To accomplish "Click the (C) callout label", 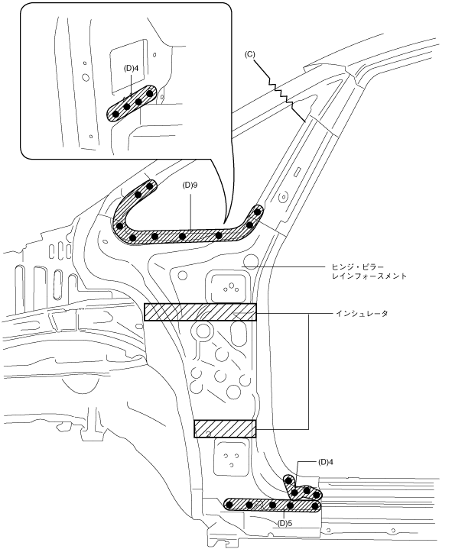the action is pyautogui.click(x=250, y=55).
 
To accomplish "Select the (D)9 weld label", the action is pyautogui.click(x=190, y=185).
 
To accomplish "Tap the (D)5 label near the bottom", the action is pyautogui.click(x=285, y=524).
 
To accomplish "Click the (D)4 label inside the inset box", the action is pyautogui.click(x=131, y=68).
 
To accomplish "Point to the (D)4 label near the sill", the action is pyautogui.click(x=326, y=462).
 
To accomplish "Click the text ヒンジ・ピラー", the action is pyautogui.click(x=357, y=266).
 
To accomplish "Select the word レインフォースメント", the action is pyautogui.click(x=369, y=276).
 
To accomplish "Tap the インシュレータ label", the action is pyautogui.click(x=362, y=313).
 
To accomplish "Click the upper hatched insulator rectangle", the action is pyautogui.click(x=200, y=312).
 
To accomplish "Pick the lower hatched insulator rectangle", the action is pyautogui.click(x=225, y=428).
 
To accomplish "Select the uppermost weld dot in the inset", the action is pyautogui.click(x=150, y=93).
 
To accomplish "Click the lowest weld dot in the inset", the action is pyautogui.click(x=115, y=114).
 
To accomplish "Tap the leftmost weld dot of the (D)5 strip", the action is pyautogui.click(x=229, y=505).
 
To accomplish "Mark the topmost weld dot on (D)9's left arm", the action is pyautogui.click(x=150, y=186).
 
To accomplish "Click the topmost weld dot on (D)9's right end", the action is pyautogui.click(x=258, y=212).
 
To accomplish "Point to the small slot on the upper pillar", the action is pyautogui.click(x=298, y=172).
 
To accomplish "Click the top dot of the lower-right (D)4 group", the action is pyautogui.click(x=289, y=480).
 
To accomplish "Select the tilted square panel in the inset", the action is pyautogui.click(x=129, y=66).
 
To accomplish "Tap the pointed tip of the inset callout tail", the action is pyautogui.click(x=224, y=223).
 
